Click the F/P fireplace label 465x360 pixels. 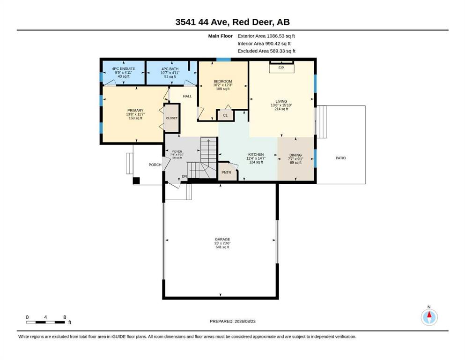point(281,68)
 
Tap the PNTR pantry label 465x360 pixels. point(226,172)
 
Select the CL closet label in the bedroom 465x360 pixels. point(225,115)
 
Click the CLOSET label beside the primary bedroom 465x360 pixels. point(172,118)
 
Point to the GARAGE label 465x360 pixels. point(222,239)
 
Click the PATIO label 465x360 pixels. point(341,158)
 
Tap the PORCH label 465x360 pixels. point(155,165)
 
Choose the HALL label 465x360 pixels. point(187,96)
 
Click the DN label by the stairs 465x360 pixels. point(185,176)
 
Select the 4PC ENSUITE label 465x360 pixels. point(124,68)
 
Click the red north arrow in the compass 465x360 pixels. point(429,314)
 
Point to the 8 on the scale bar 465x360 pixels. point(65,317)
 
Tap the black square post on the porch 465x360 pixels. point(136,180)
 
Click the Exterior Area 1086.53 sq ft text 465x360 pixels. point(266,36)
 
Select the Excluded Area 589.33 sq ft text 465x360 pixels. point(266,51)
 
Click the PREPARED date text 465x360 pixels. point(232,321)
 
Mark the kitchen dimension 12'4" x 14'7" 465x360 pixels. point(256,158)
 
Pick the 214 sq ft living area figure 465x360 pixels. point(281,109)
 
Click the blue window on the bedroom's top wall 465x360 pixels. point(223,60)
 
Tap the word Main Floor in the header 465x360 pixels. point(221,36)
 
